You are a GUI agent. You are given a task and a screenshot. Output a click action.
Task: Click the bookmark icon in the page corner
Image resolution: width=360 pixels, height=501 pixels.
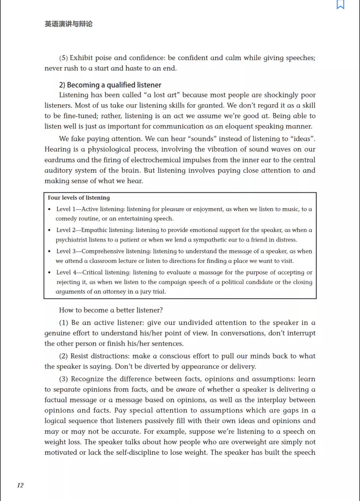[x=340, y=4]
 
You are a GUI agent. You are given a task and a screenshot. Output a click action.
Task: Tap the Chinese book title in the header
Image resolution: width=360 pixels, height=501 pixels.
[x=68, y=24]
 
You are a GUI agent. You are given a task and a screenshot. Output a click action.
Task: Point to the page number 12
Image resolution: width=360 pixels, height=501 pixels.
[x=20, y=485]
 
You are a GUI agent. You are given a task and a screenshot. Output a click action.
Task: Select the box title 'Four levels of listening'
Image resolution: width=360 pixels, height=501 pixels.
[x=79, y=198]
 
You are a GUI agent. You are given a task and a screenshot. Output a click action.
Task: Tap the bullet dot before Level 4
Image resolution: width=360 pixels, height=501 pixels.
[x=50, y=273]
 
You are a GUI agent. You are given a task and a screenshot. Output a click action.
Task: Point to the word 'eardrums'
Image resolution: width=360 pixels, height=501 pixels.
[x=59, y=160]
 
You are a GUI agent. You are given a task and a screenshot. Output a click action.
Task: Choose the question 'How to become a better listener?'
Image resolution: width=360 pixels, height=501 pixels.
[x=111, y=310]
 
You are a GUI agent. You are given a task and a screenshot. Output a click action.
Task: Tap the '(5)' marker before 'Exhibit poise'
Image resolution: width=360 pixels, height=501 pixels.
[x=64, y=58]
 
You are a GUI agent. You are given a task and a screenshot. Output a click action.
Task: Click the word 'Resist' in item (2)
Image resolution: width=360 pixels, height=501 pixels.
[x=80, y=356]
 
